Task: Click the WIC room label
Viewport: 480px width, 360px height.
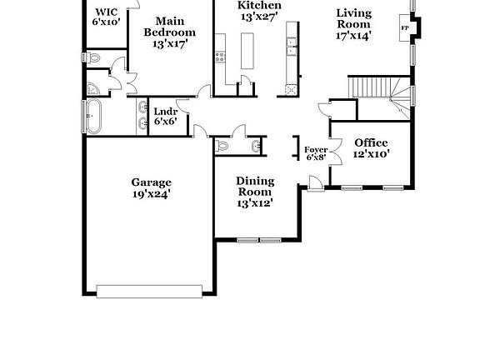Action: [107, 16]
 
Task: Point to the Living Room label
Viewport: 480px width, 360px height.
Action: [353, 23]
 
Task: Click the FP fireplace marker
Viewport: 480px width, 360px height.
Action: [406, 28]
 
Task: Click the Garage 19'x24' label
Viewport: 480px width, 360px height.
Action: [151, 188]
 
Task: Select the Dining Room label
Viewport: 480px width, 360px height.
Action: [255, 191]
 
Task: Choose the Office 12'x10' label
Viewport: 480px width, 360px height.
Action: [371, 147]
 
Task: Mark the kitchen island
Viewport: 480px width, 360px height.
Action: [247, 50]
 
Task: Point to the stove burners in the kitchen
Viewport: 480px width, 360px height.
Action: [220, 57]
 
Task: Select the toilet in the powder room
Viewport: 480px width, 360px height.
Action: [222, 147]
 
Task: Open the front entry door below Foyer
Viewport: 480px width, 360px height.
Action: [314, 182]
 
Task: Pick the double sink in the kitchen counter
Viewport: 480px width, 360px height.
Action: [292, 50]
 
